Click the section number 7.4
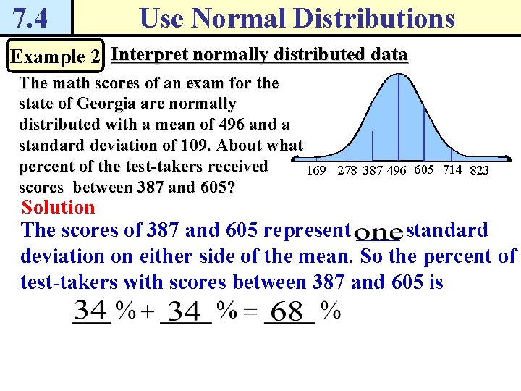pos(30,17)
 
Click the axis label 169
pos(316,171)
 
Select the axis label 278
pos(348,171)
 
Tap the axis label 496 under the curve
pos(396,171)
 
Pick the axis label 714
pos(453,170)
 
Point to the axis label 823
pos(480,171)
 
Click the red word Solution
pos(59,208)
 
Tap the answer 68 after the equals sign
pos(288,312)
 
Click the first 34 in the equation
pos(92,311)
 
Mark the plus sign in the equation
pos(147,313)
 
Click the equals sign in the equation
pos(249,313)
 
